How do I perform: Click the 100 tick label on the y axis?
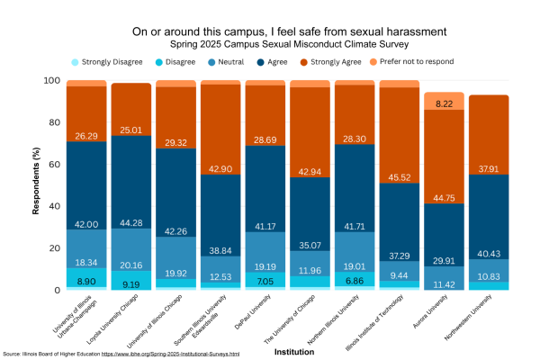click(52, 81)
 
